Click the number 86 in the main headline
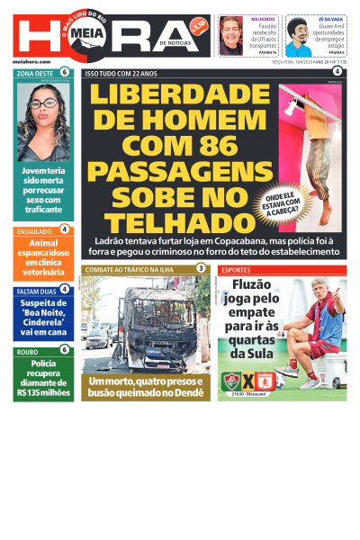tap(226, 145)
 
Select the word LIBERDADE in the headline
tap(179, 95)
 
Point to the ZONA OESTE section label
tap(36, 72)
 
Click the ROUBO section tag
tap(28, 350)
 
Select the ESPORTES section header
tap(238, 270)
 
